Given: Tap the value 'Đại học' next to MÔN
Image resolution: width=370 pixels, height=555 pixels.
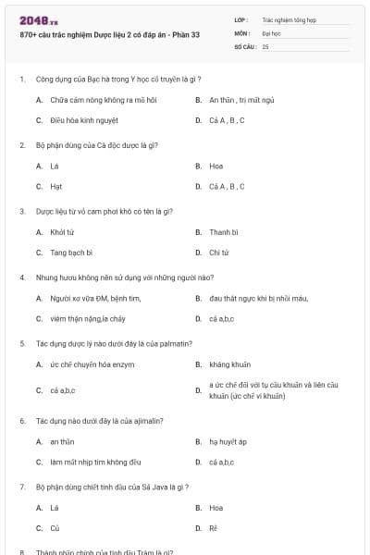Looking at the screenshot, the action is pos(271,31).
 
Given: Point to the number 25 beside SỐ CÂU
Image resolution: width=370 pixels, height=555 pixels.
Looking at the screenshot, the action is pos(265,45).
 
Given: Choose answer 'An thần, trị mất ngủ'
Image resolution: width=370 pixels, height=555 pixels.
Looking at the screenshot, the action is pos(240,99).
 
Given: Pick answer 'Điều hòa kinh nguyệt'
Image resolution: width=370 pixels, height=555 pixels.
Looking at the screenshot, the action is pos(82,120).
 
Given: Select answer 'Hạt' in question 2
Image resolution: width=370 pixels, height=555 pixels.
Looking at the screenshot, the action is pos(56,186).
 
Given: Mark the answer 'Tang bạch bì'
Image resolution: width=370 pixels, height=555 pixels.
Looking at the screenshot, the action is pos(70,252).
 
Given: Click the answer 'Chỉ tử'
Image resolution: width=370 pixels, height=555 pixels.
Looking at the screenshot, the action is pos(218,252).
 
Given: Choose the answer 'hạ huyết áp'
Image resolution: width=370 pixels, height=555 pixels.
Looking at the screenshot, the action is pos(228,441).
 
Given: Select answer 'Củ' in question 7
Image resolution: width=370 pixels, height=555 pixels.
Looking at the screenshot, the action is pos(55,528).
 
